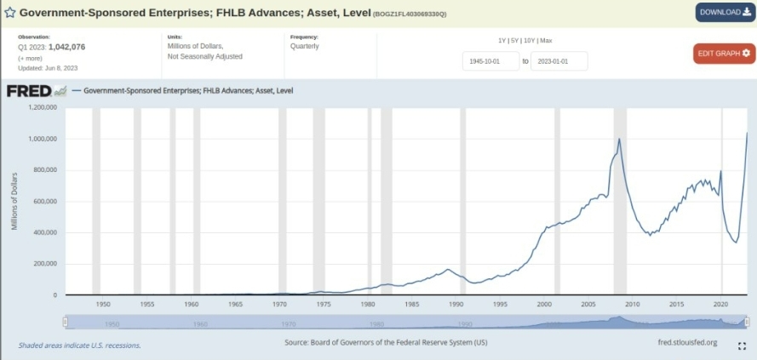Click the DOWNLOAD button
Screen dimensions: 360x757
click(725, 12)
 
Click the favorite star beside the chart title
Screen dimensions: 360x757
click(9, 14)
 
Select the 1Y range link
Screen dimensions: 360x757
click(502, 41)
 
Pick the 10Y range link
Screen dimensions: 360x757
click(530, 41)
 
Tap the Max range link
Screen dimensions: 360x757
click(546, 41)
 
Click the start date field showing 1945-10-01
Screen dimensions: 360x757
click(489, 61)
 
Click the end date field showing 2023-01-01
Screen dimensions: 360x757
click(561, 61)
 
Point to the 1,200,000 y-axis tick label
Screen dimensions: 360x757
click(42, 108)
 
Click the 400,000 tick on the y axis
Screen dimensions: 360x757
click(44, 232)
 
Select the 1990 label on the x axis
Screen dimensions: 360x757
click(456, 304)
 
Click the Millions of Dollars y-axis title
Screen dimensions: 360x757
click(15, 201)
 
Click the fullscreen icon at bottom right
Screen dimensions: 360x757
click(742, 346)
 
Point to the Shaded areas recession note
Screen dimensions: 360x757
click(79, 346)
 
